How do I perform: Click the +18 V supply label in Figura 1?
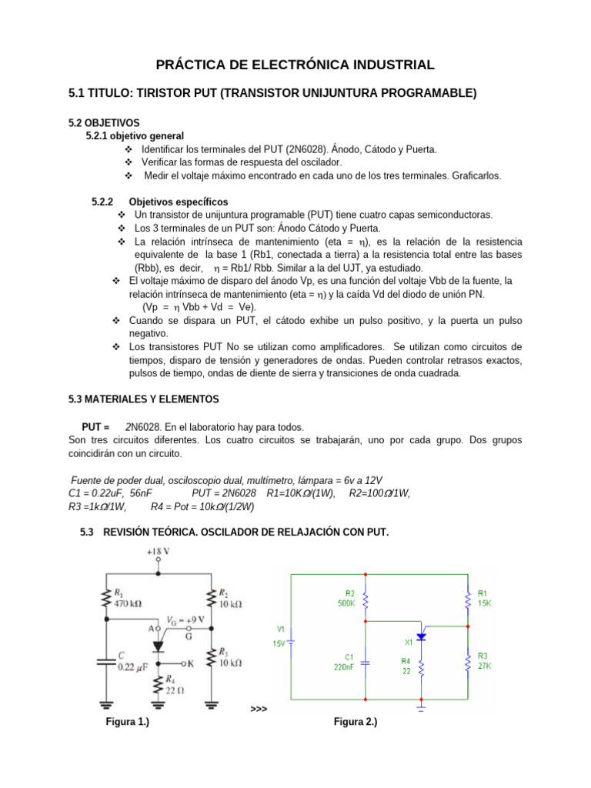tap(159, 551)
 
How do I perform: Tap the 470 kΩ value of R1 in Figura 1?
tap(129, 605)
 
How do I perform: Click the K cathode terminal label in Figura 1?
tap(190, 662)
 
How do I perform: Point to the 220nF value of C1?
tap(344, 668)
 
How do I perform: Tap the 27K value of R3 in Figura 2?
tap(485, 666)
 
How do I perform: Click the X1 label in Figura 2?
tap(409, 641)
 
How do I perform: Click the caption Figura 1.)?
tap(127, 722)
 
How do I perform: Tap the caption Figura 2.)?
tap(355, 722)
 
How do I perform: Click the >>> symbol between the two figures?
tap(259, 708)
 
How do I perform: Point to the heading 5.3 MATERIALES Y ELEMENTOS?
tap(144, 399)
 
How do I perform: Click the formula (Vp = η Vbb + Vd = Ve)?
tap(201, 306)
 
